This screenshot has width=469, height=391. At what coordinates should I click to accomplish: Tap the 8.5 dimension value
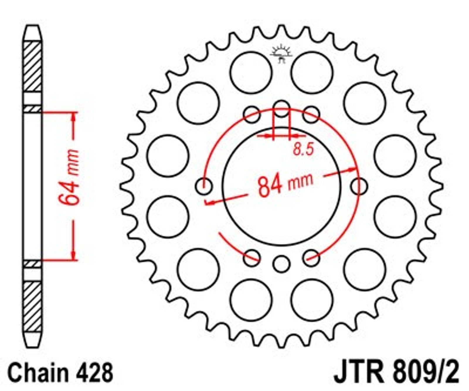[303, 149]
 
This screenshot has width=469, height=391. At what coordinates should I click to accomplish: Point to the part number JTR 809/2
[396, 372]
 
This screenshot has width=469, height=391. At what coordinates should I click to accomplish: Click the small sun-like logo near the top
[281, 54]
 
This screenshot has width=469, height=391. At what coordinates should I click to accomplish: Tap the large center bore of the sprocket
[282, 186]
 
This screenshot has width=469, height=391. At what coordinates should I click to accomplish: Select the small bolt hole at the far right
[359, 186]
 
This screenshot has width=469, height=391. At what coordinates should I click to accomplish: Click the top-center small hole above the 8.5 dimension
[282, 109]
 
